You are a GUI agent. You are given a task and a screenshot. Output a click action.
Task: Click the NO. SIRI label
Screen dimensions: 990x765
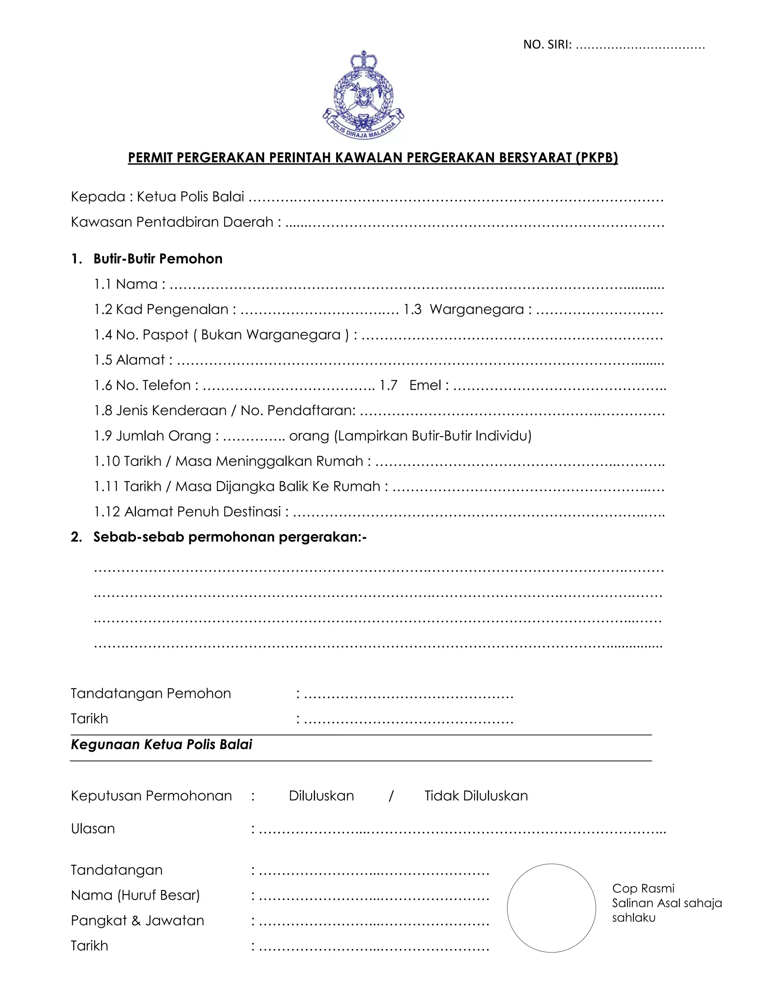click(x=547, y=44)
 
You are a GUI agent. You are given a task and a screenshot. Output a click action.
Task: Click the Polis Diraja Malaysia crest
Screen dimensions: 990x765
click(x=363, y=95)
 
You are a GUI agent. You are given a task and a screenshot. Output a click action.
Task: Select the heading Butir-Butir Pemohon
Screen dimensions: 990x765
click(x=158, y=259)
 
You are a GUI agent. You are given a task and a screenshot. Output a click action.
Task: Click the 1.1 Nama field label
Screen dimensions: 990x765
click(x=129, y=284)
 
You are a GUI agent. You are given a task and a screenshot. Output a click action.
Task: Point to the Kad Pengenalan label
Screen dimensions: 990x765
click(x=172, y=309)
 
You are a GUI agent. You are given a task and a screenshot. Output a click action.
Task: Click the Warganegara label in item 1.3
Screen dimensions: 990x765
click(x=476, y=309)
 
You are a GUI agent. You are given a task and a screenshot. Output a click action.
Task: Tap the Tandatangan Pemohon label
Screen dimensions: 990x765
click(x=151, y=693)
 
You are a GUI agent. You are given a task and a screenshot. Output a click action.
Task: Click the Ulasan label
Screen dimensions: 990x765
click(x=93, y=829)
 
